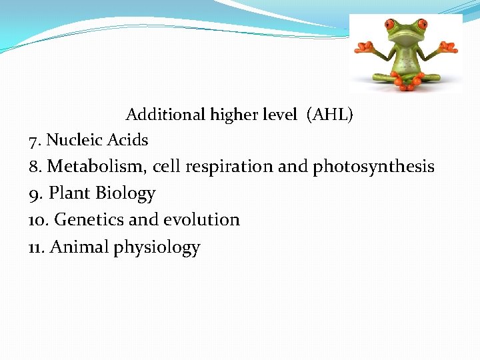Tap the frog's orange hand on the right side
(450, 48)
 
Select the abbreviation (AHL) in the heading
(330, 115)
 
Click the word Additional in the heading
(166, 115)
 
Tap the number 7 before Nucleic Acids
(33, 141)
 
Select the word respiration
(229, 167)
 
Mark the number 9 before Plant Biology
(34, 193)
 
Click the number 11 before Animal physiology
(36, 247)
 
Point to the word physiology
(157, 248)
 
